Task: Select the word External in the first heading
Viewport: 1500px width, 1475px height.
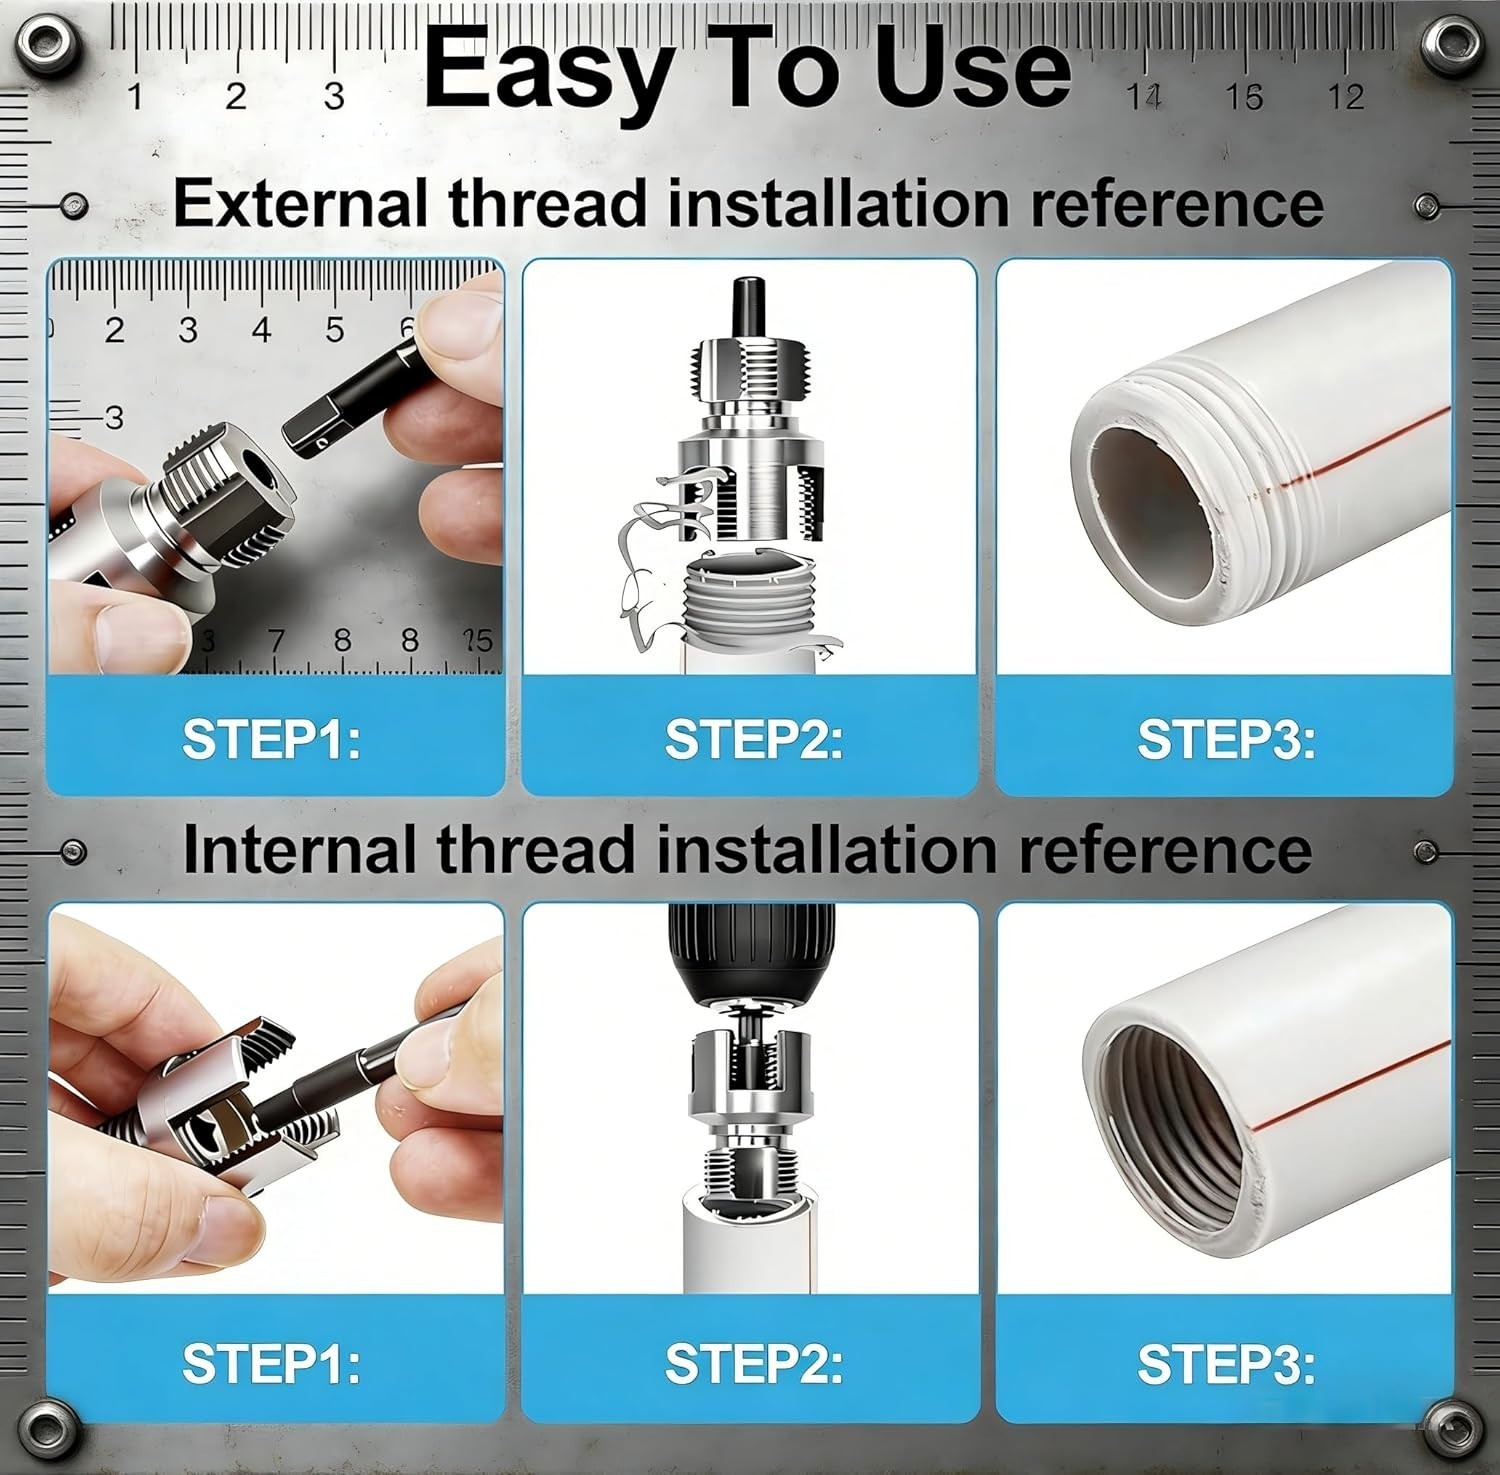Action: [x=301, y=203]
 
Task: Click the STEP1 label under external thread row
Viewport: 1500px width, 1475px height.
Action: [x=271, y=739]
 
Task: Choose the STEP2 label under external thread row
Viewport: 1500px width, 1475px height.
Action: [x=754, y=739]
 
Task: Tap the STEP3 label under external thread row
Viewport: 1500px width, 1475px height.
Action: [x=1226, y=739]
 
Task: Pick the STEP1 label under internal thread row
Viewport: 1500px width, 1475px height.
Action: [x=271, y=1363]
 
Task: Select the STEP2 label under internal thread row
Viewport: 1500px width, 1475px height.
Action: [x=754, y=1363]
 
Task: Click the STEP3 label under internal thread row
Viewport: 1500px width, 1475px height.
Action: [x=1226, y=1363]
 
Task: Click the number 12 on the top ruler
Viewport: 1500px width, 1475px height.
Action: [x=1346, y=97]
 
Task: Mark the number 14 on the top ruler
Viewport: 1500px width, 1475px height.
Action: [x=1144, y=97]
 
